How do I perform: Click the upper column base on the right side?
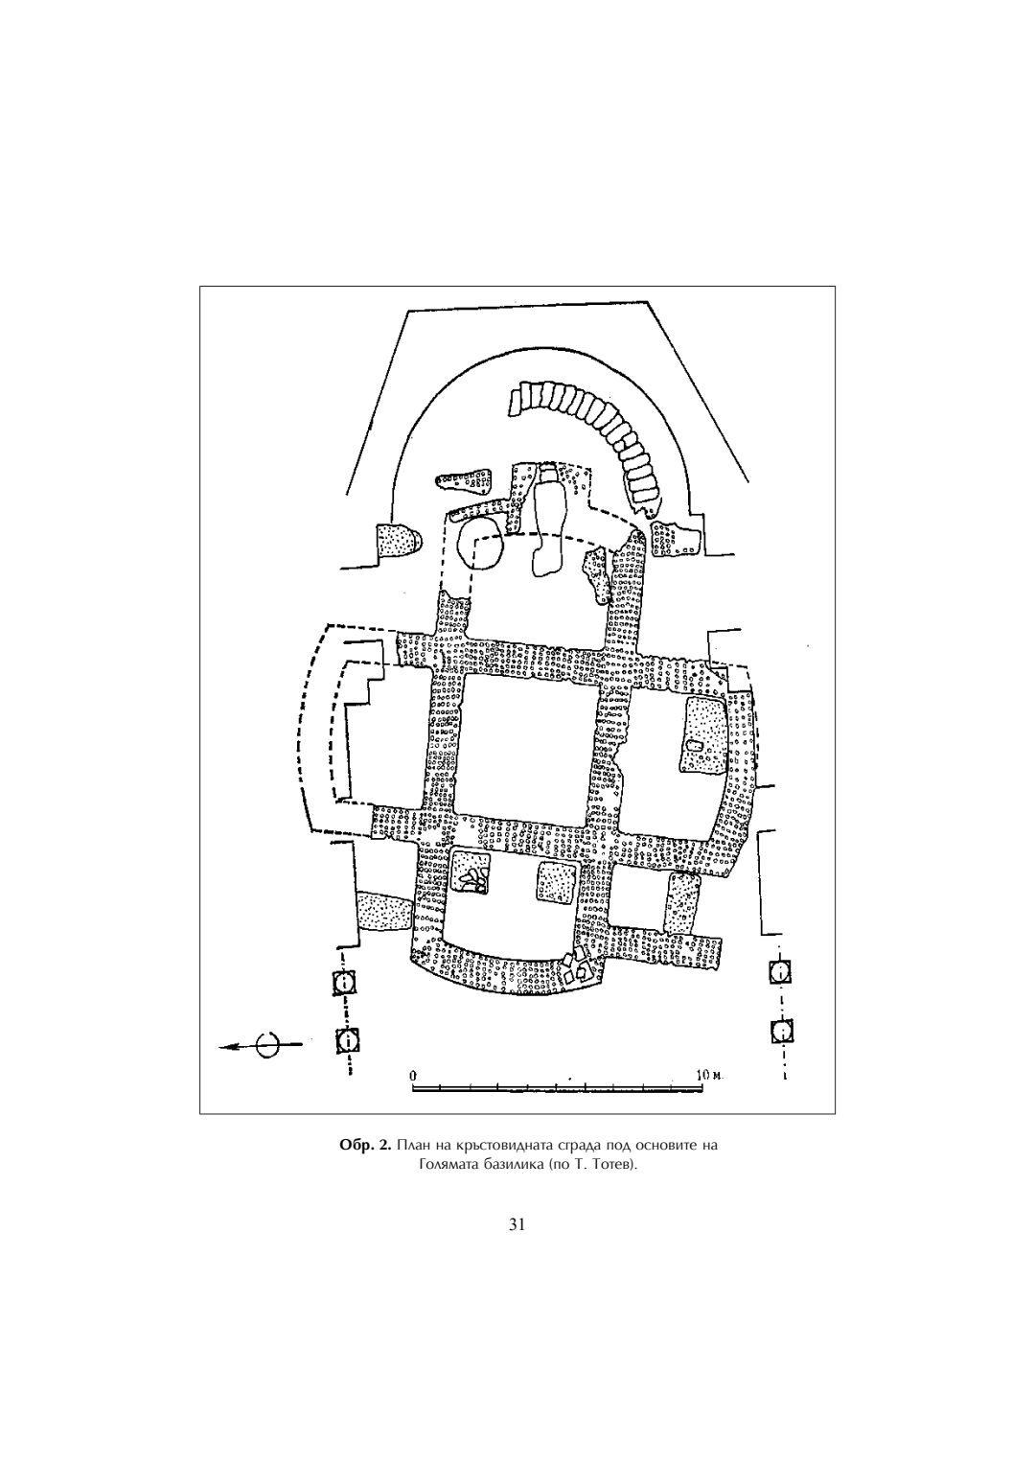tap(781, 971)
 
